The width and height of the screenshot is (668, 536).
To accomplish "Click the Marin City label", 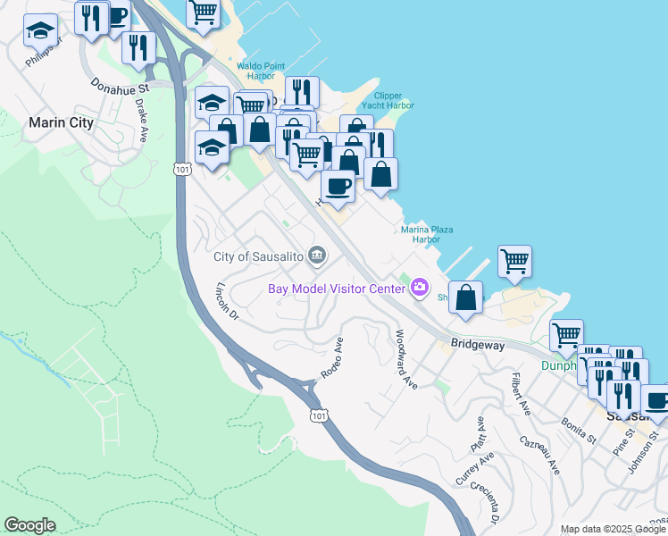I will [61, 123].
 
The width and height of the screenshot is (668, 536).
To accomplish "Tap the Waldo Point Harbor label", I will [261, 71].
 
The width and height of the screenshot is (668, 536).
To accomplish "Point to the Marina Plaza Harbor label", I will [426, 235].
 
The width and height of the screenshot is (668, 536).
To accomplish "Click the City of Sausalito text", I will [259, 256].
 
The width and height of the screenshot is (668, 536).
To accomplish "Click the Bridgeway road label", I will [478, 344].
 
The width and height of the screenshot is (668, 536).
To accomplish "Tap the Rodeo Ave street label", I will [331, 357].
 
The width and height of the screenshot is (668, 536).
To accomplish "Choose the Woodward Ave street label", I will [406, 359].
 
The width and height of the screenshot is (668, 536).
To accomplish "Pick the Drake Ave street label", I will [141, 121].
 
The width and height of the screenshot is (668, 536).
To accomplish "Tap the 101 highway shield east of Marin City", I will [181, 167].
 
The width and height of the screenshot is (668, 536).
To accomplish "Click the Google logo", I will [30, 525].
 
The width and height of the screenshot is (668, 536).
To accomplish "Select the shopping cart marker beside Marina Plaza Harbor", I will [514, 261].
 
